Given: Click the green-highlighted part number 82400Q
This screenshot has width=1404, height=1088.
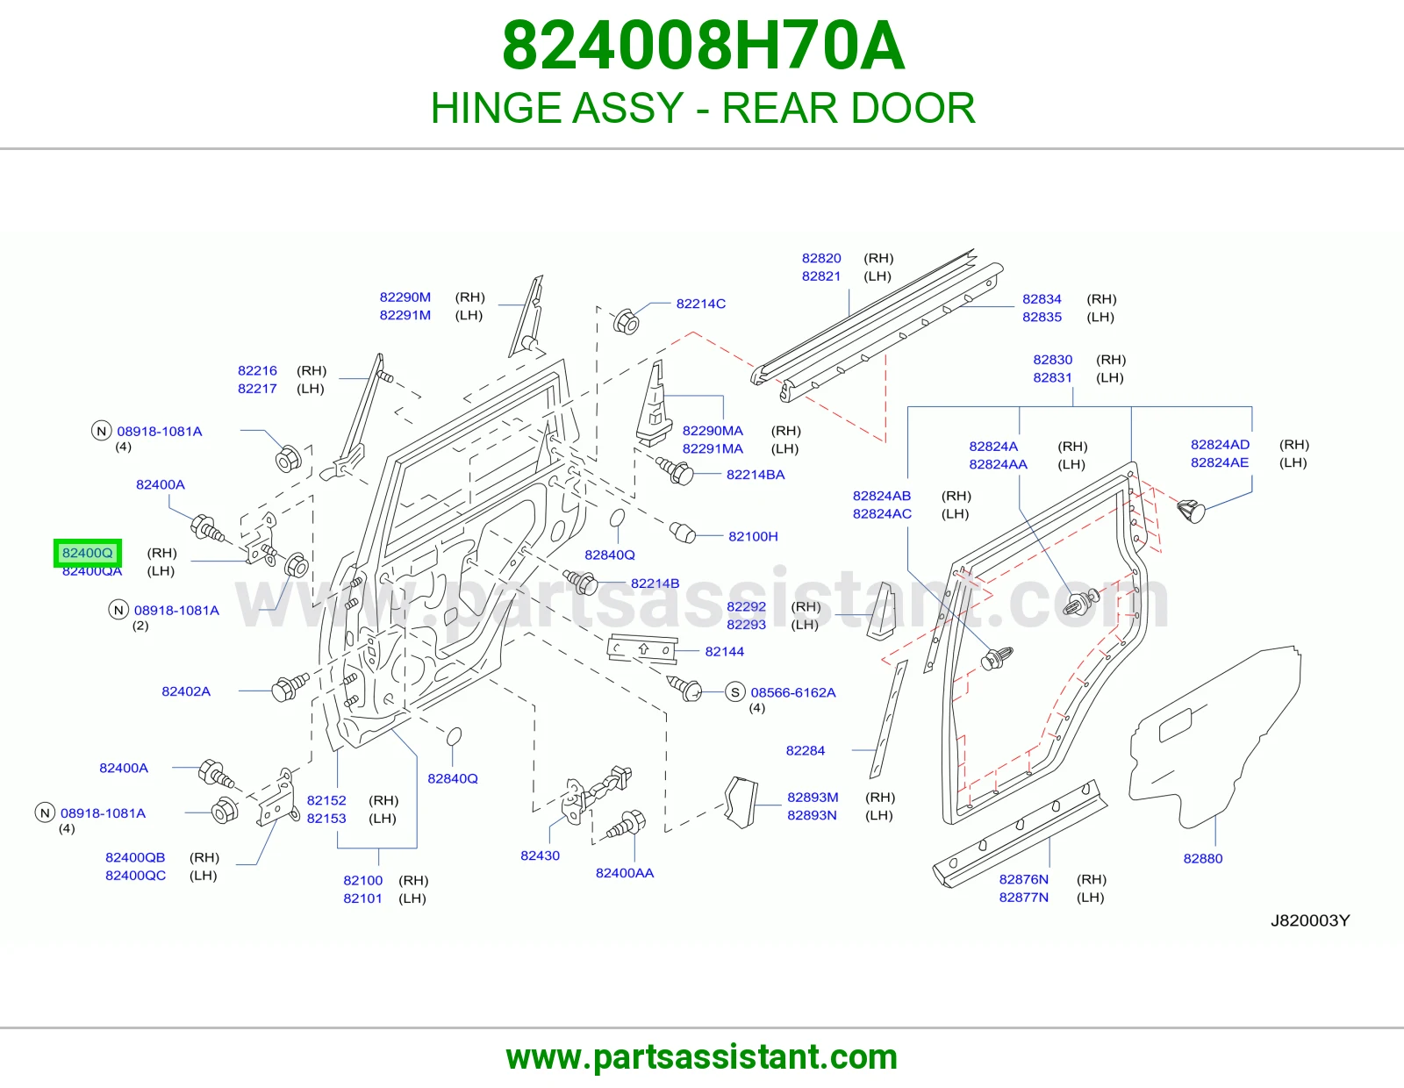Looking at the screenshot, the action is [87, 553].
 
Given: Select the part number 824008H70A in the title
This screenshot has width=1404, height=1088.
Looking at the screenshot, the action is [703, 47].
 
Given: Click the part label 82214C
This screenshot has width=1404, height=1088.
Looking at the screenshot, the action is [700, 304].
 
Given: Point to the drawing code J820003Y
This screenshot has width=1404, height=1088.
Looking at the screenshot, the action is [1309, 920].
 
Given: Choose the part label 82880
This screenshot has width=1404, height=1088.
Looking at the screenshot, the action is [1202, 859].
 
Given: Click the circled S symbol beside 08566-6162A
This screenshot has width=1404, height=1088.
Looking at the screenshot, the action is [734, 692].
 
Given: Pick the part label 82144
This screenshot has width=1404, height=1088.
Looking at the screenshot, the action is [724, 652].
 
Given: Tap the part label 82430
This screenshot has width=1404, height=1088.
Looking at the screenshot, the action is [541, 855].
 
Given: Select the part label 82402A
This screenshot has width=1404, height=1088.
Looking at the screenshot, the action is [186, 691].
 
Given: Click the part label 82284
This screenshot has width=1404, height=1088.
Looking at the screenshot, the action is [805, 751].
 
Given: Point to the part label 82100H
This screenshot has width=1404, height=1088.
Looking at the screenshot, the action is [753, 536].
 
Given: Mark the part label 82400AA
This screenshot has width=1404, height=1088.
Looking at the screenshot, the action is [624, 873].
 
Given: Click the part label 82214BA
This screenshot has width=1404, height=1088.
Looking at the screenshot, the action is [756, 475].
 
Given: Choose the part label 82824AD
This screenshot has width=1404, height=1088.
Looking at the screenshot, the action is [1220, 445].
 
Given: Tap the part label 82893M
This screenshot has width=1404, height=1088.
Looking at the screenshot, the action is [813, 798].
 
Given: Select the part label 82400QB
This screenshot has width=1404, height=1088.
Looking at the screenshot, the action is [135, 857].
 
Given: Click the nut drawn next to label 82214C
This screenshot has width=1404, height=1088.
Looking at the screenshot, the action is [625, 321].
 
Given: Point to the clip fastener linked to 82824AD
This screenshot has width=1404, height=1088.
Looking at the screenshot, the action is [1190, 511].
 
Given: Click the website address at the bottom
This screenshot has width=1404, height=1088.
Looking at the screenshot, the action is [702, 1057].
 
